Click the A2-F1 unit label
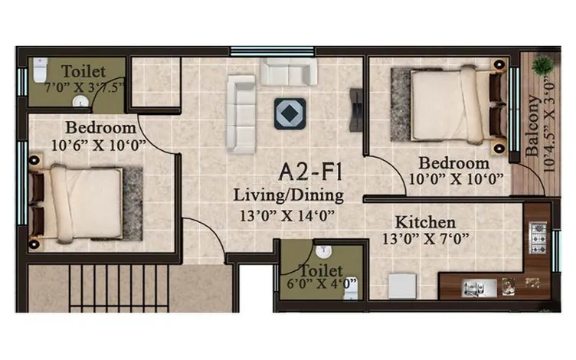tap(310, 172)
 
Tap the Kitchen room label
tap(425, 222)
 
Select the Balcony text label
tap(532, 126)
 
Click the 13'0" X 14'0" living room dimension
tap(287, 215)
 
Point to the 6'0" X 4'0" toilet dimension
tap(322, 283)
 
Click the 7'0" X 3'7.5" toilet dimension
tap(84, 87)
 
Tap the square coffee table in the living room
tap(290, 113)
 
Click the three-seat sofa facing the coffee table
tap(241, 114)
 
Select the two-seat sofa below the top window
tap(289, 72)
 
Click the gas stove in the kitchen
tap(538, 237)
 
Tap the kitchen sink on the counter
tap(479, 288)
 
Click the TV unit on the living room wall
tap(356, 110)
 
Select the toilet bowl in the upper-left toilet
tap(40, 69)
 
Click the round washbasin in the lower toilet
tap(324, 252)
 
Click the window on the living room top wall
tap(272, 51)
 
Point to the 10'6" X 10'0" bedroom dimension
tap(99, 146)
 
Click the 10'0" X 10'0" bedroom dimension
tap(456, 179)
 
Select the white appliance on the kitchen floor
tap(403, 286)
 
